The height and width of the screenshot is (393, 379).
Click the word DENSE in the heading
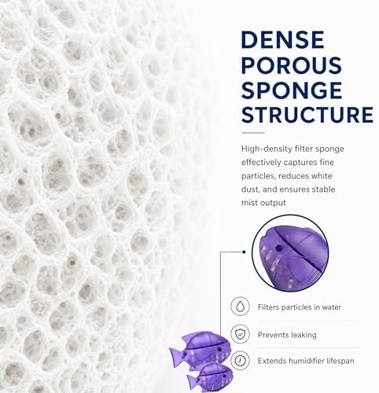[x=282, y=39]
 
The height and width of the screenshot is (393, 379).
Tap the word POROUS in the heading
[x=292, y=64]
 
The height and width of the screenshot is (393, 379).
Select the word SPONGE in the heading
[x=292, y=90]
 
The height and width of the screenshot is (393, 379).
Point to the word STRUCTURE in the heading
[x=307, y=115]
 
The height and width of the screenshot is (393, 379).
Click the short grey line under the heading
[x=253, y=133]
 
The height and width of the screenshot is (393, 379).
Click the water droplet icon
[x=240, y=307]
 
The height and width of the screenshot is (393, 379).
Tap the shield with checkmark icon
[x=240, y=334]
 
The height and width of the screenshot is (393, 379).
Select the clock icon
[x=240, y=361]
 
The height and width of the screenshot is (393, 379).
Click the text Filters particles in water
[x=300, y=307]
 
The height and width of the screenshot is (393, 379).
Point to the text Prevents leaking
[x=287, y=335]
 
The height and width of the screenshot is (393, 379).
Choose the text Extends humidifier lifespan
[x=306, y=361]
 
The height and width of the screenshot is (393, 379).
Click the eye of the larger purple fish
[x=219, y=350]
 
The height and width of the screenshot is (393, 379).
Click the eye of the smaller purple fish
[x=225, y=376]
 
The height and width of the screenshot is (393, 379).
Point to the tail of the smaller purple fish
[x=192, y=380]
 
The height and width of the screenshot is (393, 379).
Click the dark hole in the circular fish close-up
[x=279, y=248]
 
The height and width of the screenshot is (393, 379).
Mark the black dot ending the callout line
[x=244, y=252]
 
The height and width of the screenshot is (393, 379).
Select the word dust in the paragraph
[x=250, y=189]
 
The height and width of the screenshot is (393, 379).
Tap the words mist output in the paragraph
[x=263, y=203]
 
